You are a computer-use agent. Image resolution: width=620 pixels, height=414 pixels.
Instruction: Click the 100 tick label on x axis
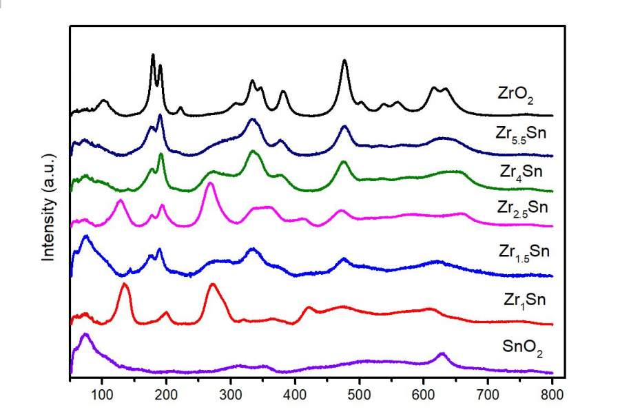tap(102, 394)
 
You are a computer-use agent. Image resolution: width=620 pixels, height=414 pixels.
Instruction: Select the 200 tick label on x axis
tap(166, 394)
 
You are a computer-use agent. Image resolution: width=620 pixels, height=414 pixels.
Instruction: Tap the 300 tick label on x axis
tap(231, 394)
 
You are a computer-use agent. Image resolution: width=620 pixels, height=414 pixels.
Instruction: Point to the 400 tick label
tap(295, 394)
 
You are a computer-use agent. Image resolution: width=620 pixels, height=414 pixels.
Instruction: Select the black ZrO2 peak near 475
tap(344, 61)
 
